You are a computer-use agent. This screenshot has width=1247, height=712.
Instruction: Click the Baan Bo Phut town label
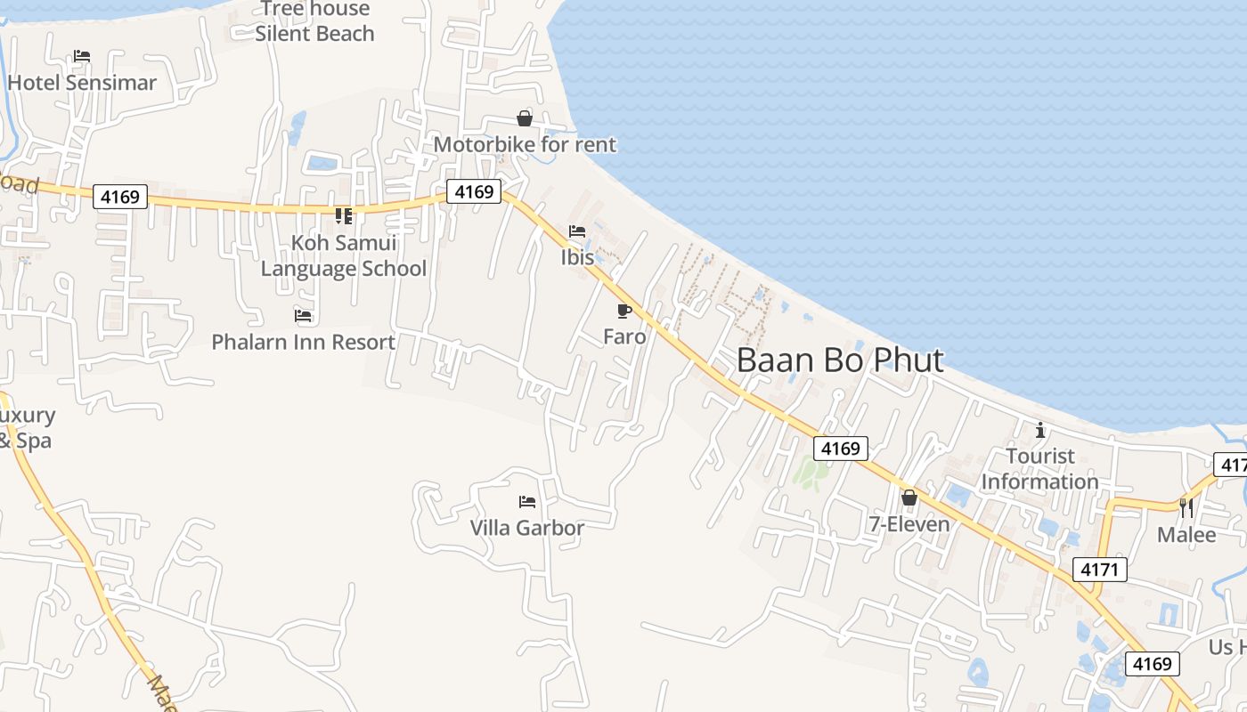(x=840, y=360)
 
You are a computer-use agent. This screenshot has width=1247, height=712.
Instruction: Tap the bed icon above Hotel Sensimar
(x=82, y=56)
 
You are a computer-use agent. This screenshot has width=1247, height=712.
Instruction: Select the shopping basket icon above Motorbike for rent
(x=525, y=118)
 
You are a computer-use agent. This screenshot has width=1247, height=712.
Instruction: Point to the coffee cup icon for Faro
(x=623, y=311)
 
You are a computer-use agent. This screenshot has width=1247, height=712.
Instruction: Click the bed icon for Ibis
(x=577, y=231)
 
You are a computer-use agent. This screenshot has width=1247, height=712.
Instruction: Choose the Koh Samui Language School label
(x=344, y=255)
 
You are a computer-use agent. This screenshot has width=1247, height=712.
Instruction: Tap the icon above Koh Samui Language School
(x=344, y=216)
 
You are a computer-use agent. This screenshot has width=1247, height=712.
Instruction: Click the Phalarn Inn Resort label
(x=303, y=342)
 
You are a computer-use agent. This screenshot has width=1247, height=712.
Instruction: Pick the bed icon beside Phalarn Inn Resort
(x=303, y=316)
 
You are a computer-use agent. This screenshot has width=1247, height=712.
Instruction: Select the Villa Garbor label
(x=527, y=528)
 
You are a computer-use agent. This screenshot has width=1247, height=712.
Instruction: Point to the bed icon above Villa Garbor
(x=527, y=502)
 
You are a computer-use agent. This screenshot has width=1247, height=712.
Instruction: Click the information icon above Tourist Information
(x=1039, y=431)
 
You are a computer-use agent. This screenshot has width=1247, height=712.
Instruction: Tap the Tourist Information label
(x=1039, y=469)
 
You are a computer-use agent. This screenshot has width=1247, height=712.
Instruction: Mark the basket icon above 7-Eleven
(x=909, y=498)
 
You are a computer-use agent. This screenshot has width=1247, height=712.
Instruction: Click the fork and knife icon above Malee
(x=1186, y=507)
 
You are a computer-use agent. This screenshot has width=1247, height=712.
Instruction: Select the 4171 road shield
(x=1100, y=570)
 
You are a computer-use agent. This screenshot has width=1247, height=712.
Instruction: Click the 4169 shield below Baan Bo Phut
(x=841, y=449)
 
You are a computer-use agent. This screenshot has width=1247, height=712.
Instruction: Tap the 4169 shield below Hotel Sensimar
(x=120, y=197)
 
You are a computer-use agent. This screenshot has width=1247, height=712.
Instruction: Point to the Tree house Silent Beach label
(x=314, y=21)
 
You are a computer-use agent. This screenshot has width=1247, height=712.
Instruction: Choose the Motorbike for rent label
(x=525, y=144)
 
